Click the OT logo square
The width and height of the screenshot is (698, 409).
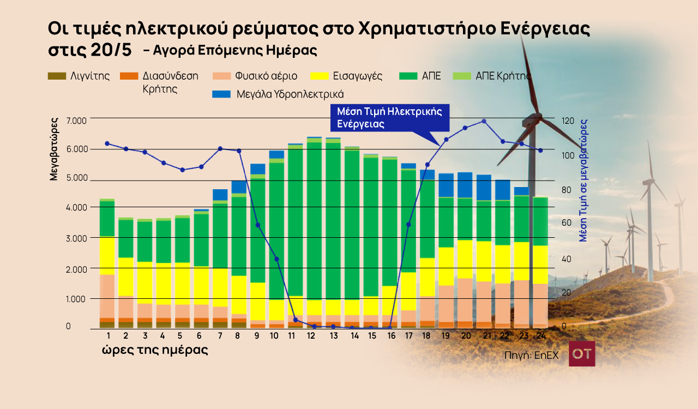pos(582,353)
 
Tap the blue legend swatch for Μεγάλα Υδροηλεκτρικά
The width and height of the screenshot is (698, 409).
pos(221,94)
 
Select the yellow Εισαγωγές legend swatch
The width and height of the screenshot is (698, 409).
pos(320,76)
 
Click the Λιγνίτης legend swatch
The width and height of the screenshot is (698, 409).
pos(57,76)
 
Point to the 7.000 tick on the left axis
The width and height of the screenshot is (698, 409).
pos(76,121)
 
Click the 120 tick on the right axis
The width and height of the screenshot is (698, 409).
pos(568,121)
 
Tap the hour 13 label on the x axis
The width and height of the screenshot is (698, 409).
pos(334,336)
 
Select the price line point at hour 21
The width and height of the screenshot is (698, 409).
pos(484,121)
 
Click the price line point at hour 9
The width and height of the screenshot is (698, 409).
pos(258,225)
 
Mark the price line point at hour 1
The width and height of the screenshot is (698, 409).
pos(107,143)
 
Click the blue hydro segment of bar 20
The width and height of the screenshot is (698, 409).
pos(465,185)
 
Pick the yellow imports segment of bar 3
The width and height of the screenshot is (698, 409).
pos(145,282)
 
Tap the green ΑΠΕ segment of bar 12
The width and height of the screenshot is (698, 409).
pos(315,221)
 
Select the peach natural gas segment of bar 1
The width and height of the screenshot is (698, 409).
pos(107,296)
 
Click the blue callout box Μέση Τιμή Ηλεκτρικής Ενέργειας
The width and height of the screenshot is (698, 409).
pos(390,118)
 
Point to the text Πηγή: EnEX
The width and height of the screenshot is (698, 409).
pos(532,356)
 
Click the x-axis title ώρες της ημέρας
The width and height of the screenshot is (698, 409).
pos(155,350)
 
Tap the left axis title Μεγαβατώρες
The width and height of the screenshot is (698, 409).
pos(54,149)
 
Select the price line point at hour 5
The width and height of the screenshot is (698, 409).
pos(183,170)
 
